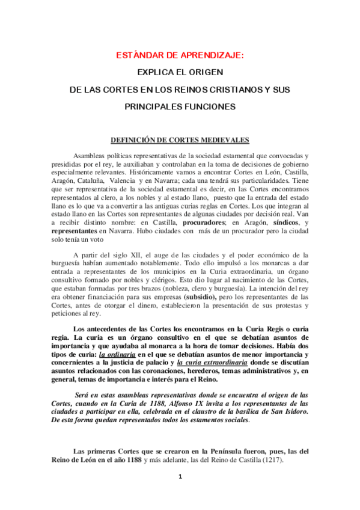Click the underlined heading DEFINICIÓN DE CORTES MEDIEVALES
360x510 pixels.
pos(180,140)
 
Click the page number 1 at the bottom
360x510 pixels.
pos(180,494)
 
